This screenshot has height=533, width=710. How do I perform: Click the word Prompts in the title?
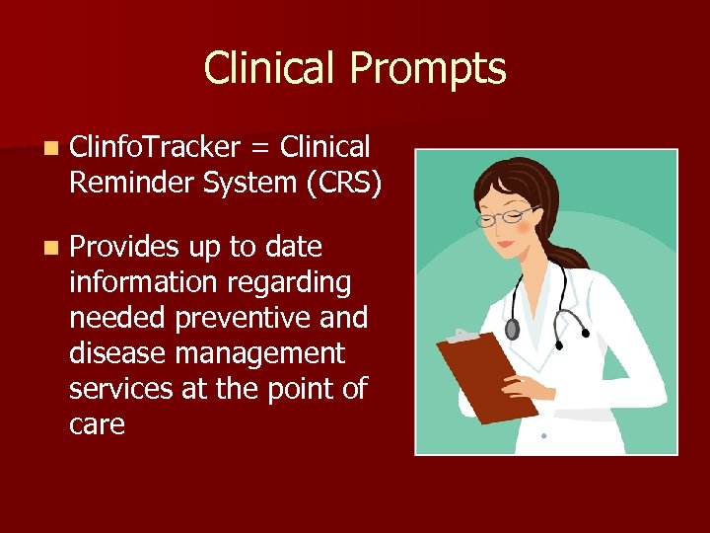(428, 69)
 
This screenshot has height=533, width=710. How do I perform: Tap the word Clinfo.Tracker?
(155, 148)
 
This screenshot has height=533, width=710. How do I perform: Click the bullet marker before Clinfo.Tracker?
(49, 149)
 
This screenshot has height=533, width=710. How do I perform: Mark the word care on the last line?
(97, 424)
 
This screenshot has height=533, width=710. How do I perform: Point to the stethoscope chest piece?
(512, 329)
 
